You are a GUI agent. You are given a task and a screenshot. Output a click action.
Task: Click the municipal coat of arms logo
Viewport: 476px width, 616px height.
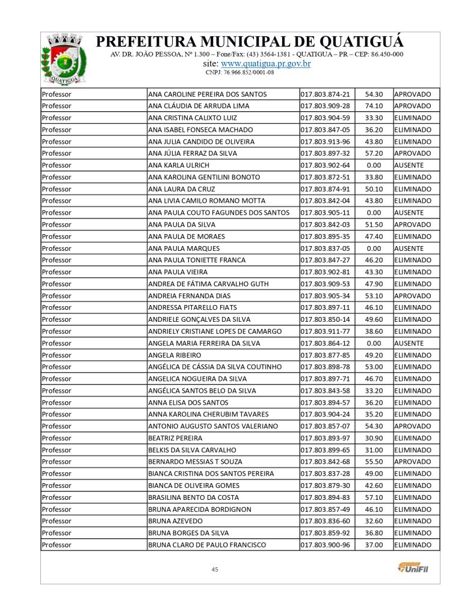60,59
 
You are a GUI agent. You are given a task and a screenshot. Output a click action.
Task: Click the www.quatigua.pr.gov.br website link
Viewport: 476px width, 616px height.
265,63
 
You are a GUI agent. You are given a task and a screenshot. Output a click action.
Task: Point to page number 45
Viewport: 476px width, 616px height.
214,569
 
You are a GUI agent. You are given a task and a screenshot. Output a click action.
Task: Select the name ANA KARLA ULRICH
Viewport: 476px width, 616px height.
179,165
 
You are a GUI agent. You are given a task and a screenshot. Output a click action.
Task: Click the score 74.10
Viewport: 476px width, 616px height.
374,106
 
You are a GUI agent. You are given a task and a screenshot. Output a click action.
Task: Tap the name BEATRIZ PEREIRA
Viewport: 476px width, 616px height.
175,438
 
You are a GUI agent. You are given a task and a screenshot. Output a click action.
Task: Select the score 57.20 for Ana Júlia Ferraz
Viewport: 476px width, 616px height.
374,153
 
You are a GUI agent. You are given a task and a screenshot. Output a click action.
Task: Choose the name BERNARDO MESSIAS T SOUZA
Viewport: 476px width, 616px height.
195,462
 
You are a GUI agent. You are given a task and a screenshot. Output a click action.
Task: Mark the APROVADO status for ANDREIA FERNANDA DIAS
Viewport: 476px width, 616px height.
412,296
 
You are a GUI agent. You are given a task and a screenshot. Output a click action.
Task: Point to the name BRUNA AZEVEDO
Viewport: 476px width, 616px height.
175,521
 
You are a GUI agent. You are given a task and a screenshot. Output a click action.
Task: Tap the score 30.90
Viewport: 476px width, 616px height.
374,438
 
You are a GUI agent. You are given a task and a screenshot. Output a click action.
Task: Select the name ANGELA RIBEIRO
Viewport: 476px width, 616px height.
175,355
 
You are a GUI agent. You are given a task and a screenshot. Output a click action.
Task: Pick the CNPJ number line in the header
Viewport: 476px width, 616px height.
240,72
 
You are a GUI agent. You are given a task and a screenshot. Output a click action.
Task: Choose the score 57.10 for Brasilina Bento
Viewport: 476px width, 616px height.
374,497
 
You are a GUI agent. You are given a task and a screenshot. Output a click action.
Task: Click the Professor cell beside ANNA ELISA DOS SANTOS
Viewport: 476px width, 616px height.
57,402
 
